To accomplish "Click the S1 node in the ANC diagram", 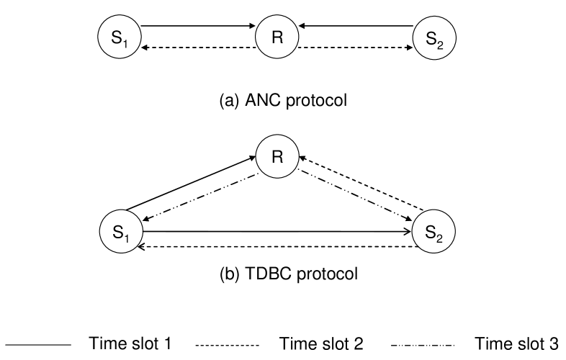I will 120,37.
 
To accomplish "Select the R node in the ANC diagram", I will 277,37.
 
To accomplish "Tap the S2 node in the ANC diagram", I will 434,37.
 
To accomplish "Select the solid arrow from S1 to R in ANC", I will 199,27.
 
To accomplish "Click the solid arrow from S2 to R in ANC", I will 356,27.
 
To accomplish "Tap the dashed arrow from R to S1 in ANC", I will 199,48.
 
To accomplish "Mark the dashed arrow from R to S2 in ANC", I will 356,48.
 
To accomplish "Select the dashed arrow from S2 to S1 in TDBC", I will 277,247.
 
